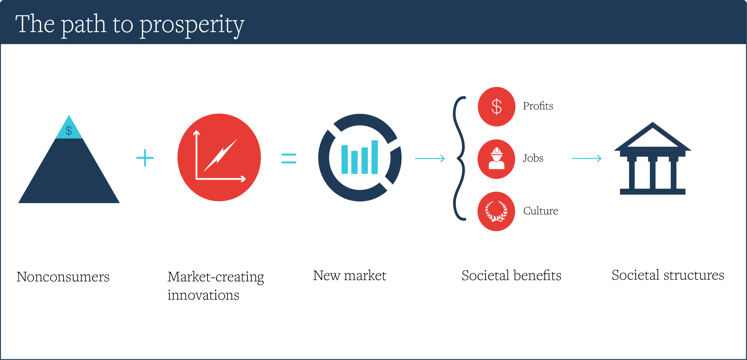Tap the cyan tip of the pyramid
pos(69,128)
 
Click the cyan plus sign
pos(145,158)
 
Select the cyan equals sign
pos(289,159)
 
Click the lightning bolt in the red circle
pos(220,155)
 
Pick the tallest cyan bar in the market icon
pos(375,157)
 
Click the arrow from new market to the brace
pos(430,159)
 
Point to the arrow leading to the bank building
pos(587,159)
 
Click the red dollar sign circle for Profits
pos(496,107)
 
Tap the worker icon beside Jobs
pos(496,159)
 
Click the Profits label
pos(538,106)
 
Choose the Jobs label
pos(533,158)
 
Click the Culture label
pos(540,211)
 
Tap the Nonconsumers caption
pos(63,277)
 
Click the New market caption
pos(350,276)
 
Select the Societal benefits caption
pos(512,276)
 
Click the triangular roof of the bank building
pos(653,137)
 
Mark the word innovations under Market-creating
pos(203,295)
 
